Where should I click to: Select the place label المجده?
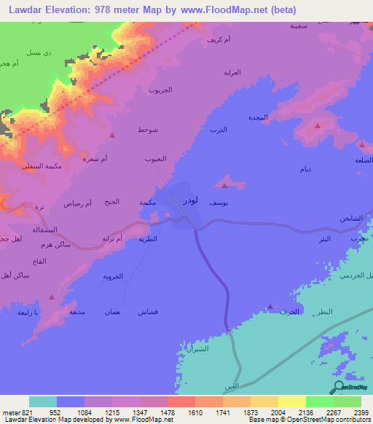259,117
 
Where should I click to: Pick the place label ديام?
307,169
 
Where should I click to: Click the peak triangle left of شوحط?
111,135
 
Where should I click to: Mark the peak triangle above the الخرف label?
271,307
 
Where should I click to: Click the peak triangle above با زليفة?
51,297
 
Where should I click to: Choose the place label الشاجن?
349,219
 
